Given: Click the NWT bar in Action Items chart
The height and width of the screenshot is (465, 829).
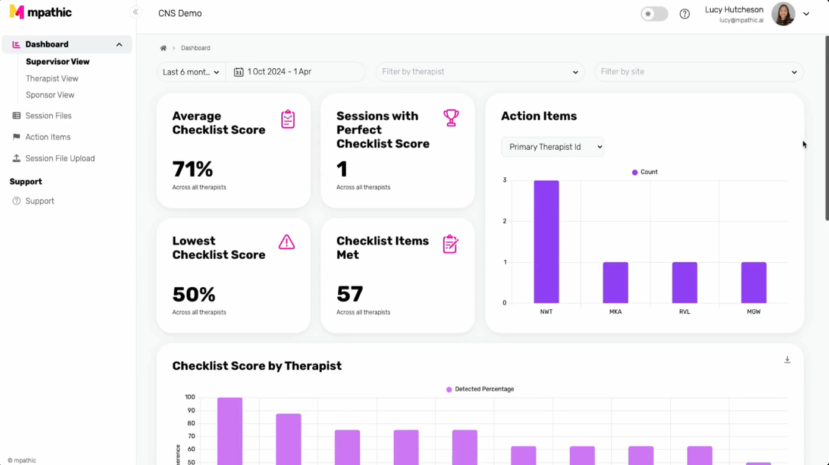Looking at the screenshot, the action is pyautogui.click(x=547, y=241).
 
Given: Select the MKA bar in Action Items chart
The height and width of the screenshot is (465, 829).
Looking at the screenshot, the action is pyautogui.click(x=616, y=282).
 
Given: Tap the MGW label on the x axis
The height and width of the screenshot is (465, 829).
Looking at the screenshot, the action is pyautogui.click(x=753, y=312).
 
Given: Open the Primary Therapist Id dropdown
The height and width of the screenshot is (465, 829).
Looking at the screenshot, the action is pyautogui.click(x=552, y=147).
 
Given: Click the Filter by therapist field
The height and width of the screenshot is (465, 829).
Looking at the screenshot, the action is pyautogui.click(x=480, y=72).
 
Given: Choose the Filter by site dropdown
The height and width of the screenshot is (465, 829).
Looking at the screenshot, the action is pyautogui.click(x=699, y=72).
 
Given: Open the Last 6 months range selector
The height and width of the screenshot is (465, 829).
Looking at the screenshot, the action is pyautogui.click(x=191, y=72).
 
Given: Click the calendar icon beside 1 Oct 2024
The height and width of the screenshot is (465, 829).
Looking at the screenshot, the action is pyautogui.click(x=238, y=72).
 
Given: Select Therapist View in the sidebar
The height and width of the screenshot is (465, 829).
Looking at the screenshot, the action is pyautogui.click(x=52, y=78).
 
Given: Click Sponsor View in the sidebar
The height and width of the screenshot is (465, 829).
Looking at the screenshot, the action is pyautogui.click(x=50, y=95).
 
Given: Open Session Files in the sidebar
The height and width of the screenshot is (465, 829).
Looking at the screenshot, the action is pyautogui.click(x=49, y=116).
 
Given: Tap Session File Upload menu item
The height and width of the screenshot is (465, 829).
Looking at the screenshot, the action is pyautogui.click(x=60, y=158).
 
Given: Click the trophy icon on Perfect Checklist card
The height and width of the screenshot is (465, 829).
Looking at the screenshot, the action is pyautogui.click(x=451, y=118).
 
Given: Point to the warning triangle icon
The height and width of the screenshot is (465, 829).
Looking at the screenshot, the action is pyautogui.click(x=287, y=242).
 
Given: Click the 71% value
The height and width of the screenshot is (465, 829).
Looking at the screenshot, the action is pyautogui.click(x=193, y=169).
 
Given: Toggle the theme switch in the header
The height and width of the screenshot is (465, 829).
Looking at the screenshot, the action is pyautogui.click(x=654, y=14).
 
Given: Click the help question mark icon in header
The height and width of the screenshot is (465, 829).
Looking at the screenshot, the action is pyautogui.click(x=684, y=14).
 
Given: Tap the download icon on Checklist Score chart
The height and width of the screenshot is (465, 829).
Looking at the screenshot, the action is pyautogui.click(x=787, y=360).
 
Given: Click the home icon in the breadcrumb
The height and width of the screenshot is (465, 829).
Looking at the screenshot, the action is pyautogui.click(x=163, y=48).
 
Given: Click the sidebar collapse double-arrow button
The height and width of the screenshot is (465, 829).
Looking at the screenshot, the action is pyautogui.click(x=136, y=12).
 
